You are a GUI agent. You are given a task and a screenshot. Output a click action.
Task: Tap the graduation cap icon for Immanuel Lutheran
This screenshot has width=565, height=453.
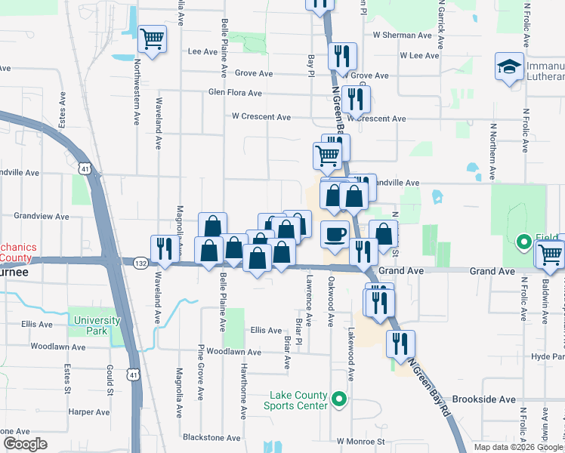510,66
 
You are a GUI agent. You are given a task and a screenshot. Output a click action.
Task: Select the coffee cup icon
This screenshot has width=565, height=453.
335,234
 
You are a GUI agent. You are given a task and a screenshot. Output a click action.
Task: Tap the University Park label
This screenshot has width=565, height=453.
97,325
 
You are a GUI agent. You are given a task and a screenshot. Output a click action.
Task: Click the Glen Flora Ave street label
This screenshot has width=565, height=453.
236,93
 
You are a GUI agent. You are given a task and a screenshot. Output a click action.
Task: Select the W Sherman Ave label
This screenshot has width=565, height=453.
402,35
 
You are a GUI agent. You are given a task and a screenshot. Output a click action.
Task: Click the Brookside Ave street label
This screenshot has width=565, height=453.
484,399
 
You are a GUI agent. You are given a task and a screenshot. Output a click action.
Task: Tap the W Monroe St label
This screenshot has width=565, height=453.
361,441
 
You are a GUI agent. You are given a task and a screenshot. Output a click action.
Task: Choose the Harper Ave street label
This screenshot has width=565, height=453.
89,412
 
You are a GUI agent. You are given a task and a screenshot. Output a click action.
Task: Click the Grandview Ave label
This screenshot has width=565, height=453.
42,216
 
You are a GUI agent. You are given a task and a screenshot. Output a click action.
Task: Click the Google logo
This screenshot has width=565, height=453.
25,444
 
